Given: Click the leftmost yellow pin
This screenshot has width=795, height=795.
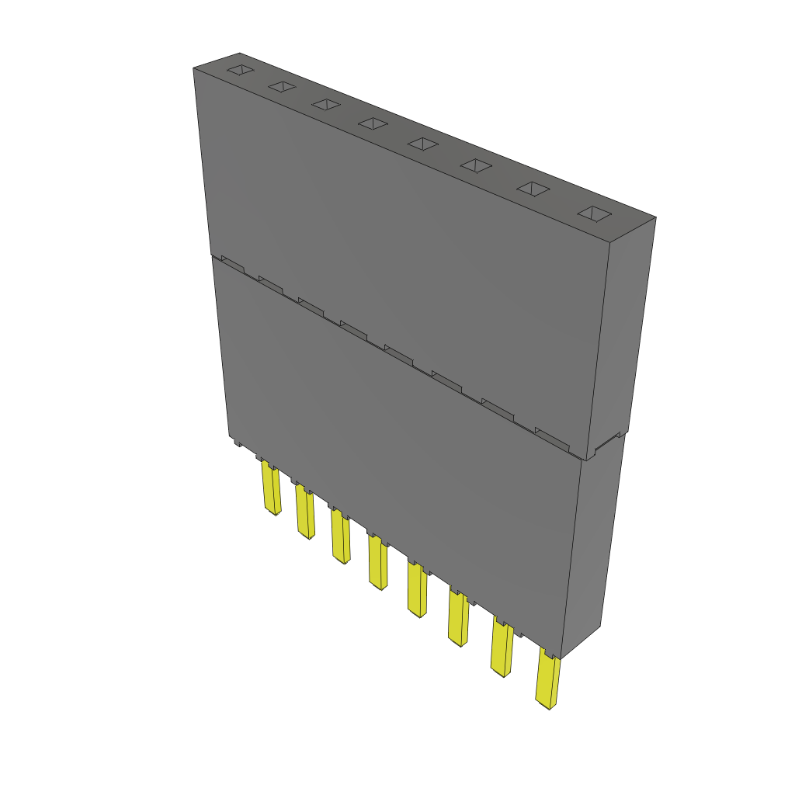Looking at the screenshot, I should point(271,489).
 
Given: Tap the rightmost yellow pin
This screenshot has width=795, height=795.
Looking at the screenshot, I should point(548,682).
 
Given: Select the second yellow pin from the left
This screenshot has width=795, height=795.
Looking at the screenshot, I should point(305,513).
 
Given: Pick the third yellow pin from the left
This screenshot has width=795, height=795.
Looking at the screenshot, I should point(341,536).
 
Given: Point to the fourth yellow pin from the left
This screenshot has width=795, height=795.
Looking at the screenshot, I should point(378,563).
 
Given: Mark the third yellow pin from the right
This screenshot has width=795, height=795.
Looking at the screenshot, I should point(458,619).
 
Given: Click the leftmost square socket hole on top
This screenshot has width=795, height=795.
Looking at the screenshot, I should point(240,71).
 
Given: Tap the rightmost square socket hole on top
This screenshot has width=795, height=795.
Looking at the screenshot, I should point(595,214).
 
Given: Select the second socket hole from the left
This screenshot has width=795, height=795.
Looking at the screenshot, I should point(282,87).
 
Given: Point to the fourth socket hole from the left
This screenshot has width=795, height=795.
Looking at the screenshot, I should point(373,123).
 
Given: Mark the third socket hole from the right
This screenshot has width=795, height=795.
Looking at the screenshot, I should point(477,165).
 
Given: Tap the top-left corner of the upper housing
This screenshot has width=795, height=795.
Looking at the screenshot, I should point(194,69).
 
